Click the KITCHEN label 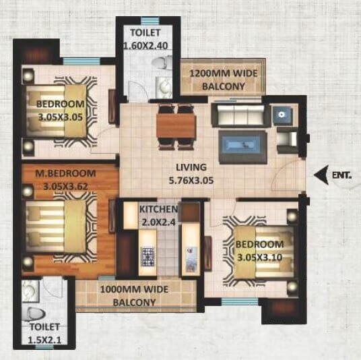(x=158, y=210)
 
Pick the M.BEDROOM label (x=61, y=173)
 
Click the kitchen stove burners (x=148, y=256)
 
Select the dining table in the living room (x=176, y=125)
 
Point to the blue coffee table (x=242, y=143)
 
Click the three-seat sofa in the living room (x=236, y=115)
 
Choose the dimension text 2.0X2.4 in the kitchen (x=158, y=222)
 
